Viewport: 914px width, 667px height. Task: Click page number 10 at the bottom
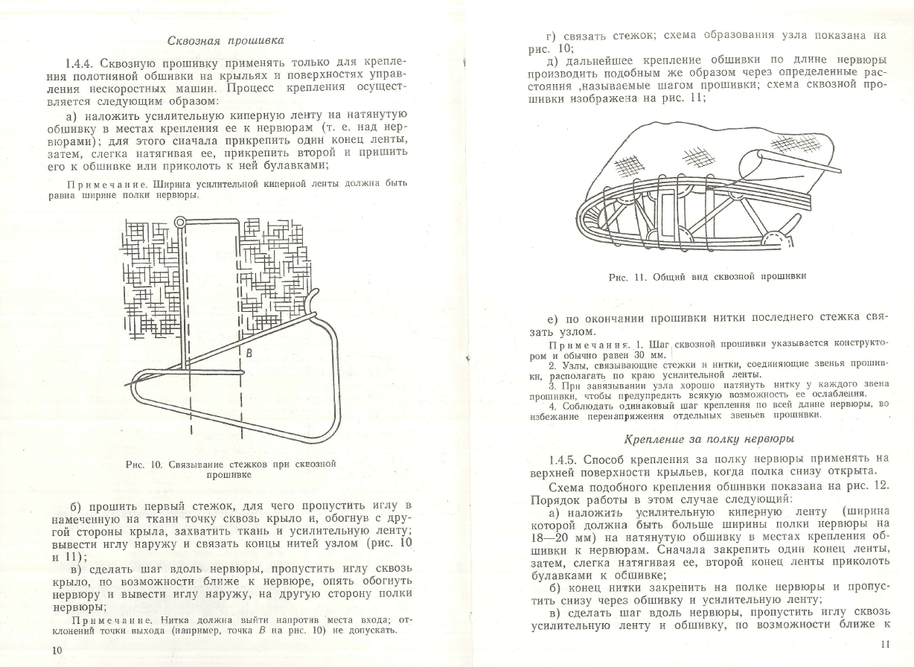click(57, 650)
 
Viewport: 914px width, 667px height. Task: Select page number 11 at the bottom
click(883, 643)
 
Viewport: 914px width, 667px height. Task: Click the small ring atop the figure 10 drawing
click(180, 221)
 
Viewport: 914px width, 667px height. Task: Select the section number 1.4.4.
click(80, 62)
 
